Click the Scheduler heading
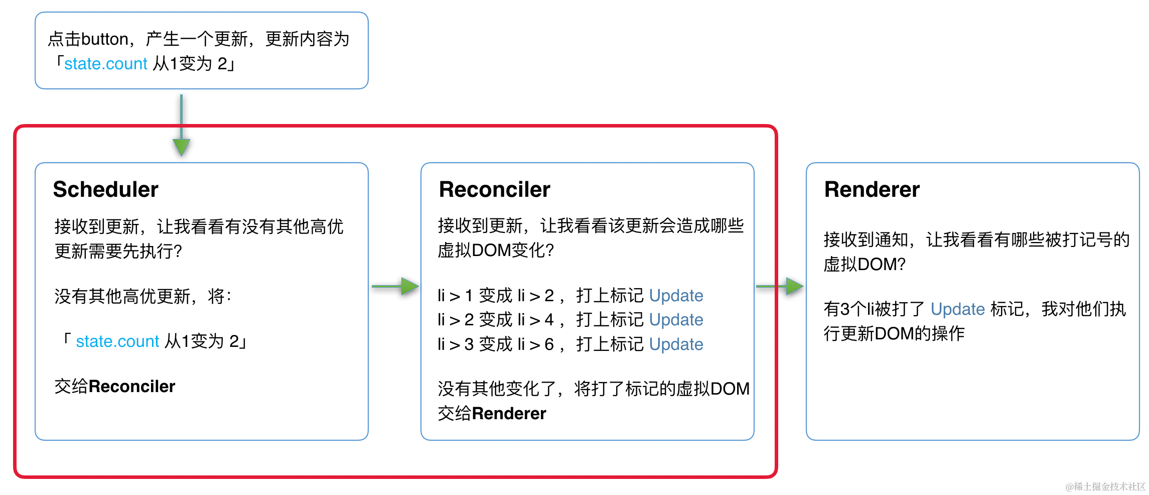pyautogui.click(x=105, y=189)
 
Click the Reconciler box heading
pyautogui.click(x=494, y=189)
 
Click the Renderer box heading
pyautogui.click(x=872, y=189)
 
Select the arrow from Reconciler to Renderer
pyautogui.click(x=780, y=286)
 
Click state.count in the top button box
pyautogui.click(x=106, y=64)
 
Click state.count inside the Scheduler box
pyautogui.click(x=117, y=341)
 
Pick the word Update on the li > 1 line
pyautogui.click(x=676, y=296)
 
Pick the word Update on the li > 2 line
pyautogui.click(x=676, y=320)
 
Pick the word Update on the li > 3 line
pyautogui.click(x=676, y=344)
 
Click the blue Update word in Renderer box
pyautogui.click(x=957, y=309)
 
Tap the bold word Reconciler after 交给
pyautogui.click(x=132, y=387)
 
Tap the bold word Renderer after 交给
pyautogui.click(x=509, y=414)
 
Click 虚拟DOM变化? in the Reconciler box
pyautogui.click(x=496, y=250)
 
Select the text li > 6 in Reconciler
pyautogui.click(x=535, y=344)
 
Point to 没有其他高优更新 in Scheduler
pyautogui.click(x=123, y=296)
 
